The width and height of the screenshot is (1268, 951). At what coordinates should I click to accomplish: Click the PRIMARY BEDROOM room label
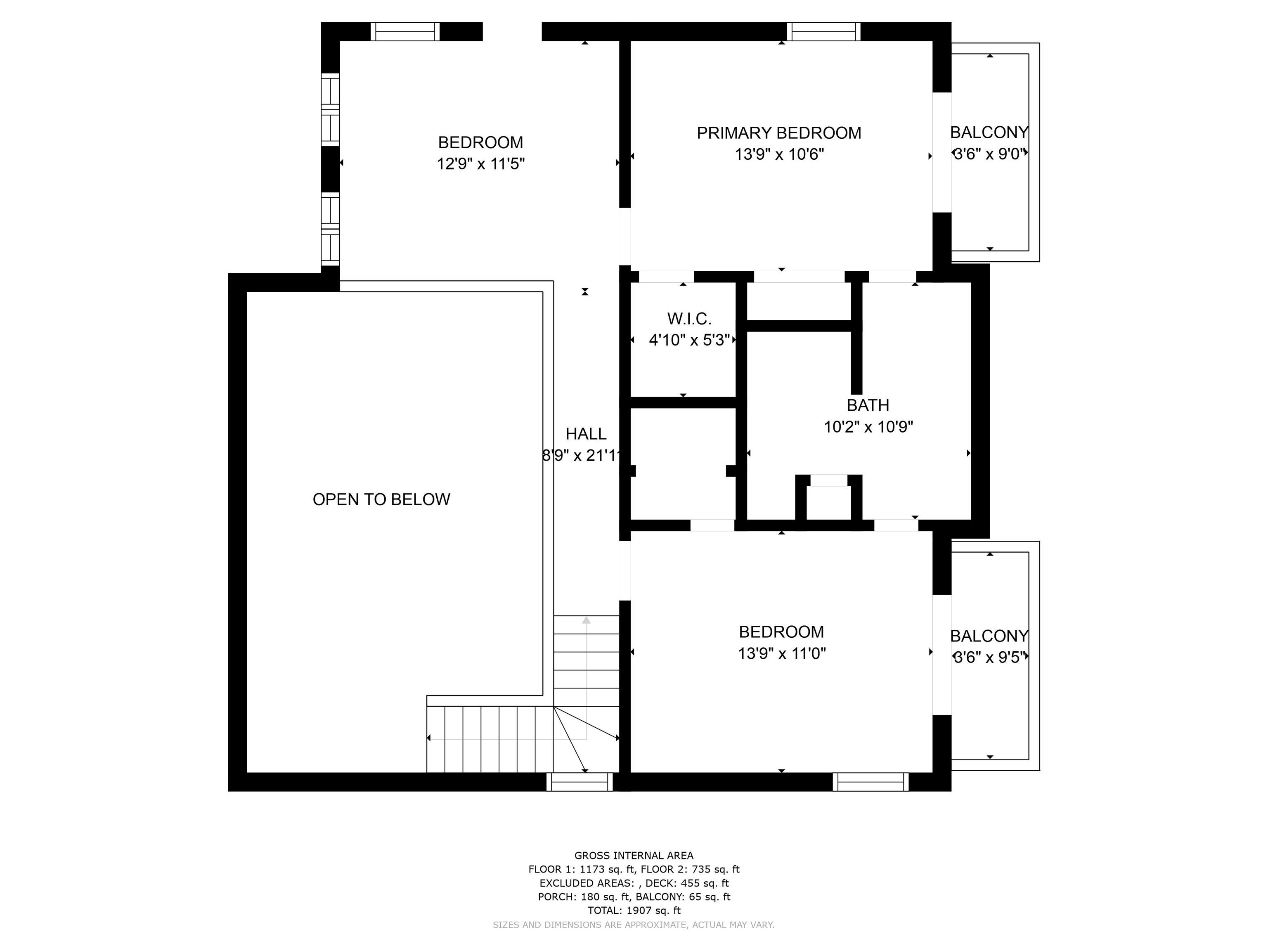click(778, 133)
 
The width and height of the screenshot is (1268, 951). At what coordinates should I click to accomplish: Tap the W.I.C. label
click(689, 319)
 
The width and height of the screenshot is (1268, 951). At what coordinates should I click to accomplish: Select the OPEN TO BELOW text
click(381, 499)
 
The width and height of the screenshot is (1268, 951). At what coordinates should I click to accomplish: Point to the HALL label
click(586, 434)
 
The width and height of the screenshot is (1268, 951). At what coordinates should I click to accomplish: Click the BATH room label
click(868, 405)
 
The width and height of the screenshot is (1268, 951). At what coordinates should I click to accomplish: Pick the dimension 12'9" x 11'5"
click(480, 164)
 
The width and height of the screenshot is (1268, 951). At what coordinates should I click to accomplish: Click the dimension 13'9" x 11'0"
click(782, 653)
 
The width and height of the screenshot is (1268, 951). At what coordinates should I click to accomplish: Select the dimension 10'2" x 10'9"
click(868, 427)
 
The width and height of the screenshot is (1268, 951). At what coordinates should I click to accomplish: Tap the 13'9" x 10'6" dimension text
click(779, 155)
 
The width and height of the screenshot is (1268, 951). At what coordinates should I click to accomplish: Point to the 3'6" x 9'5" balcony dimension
click(989, 657)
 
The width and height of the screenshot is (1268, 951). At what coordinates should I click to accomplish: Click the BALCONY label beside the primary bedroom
click(989, 132)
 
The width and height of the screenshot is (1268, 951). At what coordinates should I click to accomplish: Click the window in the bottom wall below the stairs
click(580, 782)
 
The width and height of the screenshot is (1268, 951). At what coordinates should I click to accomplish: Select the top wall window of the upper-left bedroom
click(405, 31)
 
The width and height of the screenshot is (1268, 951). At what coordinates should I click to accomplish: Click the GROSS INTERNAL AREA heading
click(634, 856)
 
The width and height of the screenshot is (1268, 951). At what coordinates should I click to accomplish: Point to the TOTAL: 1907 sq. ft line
click(634, 910)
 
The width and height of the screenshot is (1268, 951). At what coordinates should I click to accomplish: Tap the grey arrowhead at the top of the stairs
click(586, 620)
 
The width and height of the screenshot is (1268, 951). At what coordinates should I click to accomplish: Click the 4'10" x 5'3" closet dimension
click(689, 341)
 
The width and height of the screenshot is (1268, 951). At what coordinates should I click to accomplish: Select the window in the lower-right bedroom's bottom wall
click(870, 782)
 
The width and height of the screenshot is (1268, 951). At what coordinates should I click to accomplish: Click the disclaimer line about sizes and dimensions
click(634, 925)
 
